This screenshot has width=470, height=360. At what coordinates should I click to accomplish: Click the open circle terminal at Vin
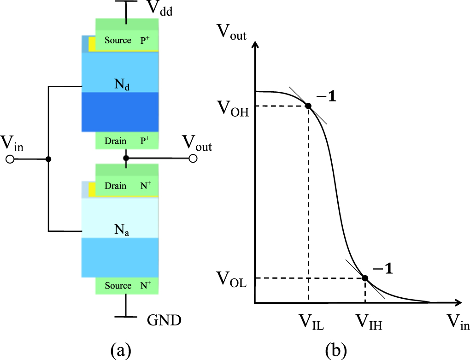pyautogui.click(x=11, y=159)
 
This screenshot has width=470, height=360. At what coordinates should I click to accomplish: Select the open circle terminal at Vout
pyautogui.click(x=193, y=158)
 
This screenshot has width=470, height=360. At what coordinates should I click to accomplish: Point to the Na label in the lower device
pyautogui.click(x=122, y=229)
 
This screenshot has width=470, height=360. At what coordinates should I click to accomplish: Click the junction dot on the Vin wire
pyautogui.click(x=48, y=159)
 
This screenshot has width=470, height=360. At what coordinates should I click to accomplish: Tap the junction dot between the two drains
pyautogui.click(x=125, y=158)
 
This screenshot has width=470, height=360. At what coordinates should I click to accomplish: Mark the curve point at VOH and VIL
pyautogui.click(x=308, y=106)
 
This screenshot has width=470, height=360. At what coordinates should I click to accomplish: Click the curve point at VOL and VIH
pyautogui.click(x=365, y=278)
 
